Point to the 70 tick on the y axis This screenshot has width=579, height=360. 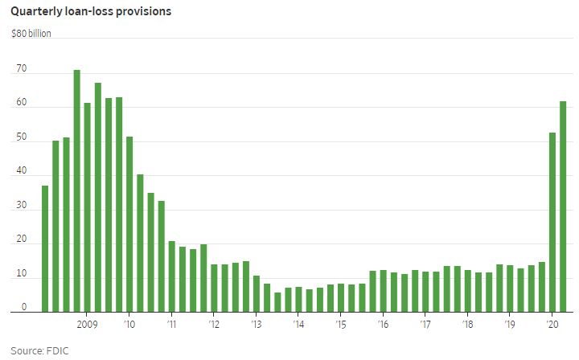click(x=21, y=69)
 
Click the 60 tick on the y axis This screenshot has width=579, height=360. click(x=21, y=104)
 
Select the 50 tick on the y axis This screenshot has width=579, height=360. click(x=21, y=137)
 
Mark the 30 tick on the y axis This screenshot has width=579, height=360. click(x=21, y=206)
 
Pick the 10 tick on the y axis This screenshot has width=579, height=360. click(x=21, y=274)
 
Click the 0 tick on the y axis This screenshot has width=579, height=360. click(x=23, y=307)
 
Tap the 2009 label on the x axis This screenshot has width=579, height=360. click(x=87, y=325)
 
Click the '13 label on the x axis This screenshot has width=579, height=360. click(x=256, y=325)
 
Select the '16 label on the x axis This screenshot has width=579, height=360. click(x=383, y=325)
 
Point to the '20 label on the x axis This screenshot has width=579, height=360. click(x=552, y=325)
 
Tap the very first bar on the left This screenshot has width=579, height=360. click(x=45, y=248)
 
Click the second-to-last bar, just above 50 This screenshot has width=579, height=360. click(x=552, y=222)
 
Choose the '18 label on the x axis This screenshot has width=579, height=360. click(x=467, y=325)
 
